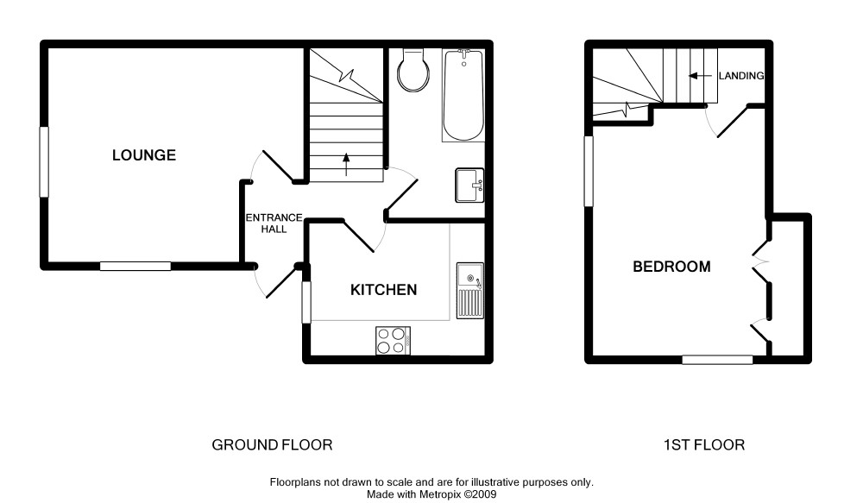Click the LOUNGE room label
[x=144, y=155]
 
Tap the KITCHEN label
[x=384, y=290]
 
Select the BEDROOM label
[x=671, y=267]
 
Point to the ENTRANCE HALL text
[x=274, y=223]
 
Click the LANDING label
[x=740, y=76]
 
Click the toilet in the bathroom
[x=413, y=70]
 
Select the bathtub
[x=463, y=95]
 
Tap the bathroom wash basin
[x=469, y=185]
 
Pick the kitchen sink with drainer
[x=470, y=291]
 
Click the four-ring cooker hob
[x=393, y=341]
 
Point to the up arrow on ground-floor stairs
[x=346, y=165]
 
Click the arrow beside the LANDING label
[x=701, y=76]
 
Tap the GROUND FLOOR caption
[x=272, y=444]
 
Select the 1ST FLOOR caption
[x=704, y=444]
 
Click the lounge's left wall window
[x=44, y=162]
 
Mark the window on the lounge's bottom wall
[x=135, y=267]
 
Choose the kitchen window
[x=306, y=302]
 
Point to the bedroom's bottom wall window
[x=718, y=360]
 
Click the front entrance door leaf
[x=282, y=283]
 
